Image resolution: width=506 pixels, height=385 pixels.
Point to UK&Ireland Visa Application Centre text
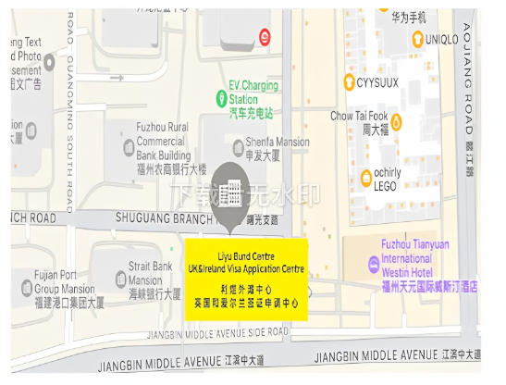click(x=247, y=268)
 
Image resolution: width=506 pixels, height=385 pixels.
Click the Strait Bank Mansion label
click(x=153, y=280)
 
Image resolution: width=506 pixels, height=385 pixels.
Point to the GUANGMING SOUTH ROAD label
click(x=70, y=139)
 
